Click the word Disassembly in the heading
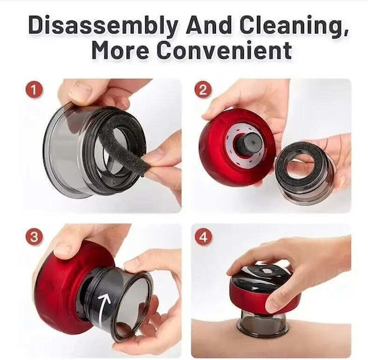click(x=103, y=25)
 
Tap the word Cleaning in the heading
click(x=293, y=25)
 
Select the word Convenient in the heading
click(x=224, y=50)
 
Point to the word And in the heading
click(x=209, y=25)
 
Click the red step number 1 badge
click(x=34, y=90)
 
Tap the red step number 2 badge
click(x=203, y=90)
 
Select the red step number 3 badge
click(x=34, y=237)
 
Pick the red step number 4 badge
click(x=203, y=237)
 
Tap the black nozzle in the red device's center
click(x=249, y=143)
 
